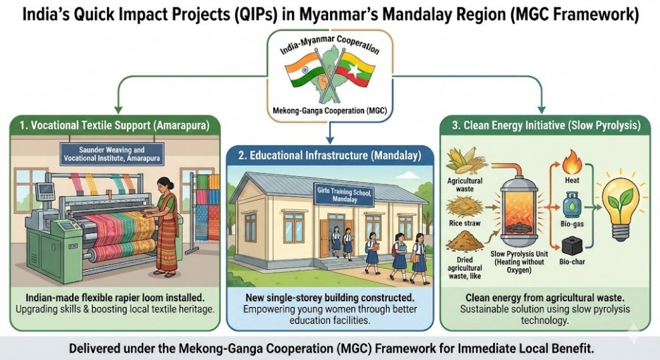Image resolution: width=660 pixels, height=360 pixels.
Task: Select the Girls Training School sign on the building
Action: point(344,194)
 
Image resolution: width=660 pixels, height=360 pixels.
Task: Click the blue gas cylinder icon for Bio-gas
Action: point(572,204)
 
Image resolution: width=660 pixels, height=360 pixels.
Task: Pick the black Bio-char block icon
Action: point(572,246)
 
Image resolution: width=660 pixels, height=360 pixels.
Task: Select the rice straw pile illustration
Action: point(464,208)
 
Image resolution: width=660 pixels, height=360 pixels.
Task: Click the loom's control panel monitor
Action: point(45,191)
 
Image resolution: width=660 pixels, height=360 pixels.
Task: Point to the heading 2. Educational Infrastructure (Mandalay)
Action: point(329,156)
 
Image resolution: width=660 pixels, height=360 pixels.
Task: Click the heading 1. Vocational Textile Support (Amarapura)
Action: point(114,126)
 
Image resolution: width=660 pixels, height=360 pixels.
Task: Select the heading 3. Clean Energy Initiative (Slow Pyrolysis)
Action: point(546,126)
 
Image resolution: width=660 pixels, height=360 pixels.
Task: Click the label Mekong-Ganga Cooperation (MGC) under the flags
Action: point(330,111)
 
